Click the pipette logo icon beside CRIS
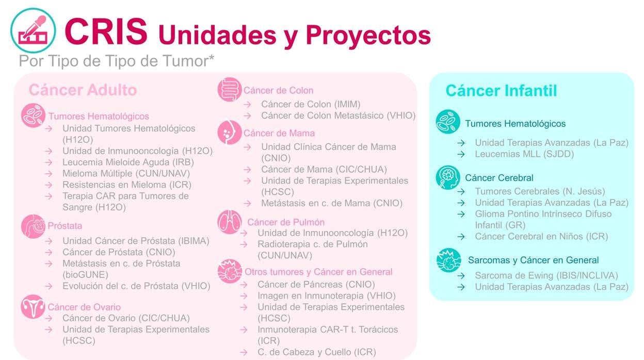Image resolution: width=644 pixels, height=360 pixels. (33, 30)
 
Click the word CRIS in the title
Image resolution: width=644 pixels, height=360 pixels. (106, 31)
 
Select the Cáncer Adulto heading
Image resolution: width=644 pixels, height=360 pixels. (83, 90)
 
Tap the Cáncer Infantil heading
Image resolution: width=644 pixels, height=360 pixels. (501, 91)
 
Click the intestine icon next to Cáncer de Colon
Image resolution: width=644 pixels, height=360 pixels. (230, 89)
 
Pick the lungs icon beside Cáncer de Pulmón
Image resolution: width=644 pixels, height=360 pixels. (230, 222)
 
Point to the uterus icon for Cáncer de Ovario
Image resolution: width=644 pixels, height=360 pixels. (33, 306)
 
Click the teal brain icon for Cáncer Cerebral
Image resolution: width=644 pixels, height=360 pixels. (447, 177)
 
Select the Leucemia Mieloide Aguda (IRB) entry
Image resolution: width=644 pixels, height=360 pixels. (128, 162)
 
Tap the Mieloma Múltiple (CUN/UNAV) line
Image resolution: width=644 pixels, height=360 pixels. (126, 173)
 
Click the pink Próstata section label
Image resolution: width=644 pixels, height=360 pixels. (65, 226)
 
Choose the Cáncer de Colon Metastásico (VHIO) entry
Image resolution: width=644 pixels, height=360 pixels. (339, 116)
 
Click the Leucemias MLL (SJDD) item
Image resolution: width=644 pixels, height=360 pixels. (524, 154)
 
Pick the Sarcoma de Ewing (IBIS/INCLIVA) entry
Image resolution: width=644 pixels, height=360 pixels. (546, 275)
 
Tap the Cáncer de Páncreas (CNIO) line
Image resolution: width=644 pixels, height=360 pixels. (316, 284)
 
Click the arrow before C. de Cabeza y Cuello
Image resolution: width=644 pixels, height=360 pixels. (244, 352)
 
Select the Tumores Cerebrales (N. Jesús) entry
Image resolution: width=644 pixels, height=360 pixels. (540, 191)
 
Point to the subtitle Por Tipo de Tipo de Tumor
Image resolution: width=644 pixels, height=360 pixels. (117, 61)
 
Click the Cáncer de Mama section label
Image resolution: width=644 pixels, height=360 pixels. (279, 133)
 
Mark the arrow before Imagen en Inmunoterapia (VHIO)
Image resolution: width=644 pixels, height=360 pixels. (244, 296)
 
